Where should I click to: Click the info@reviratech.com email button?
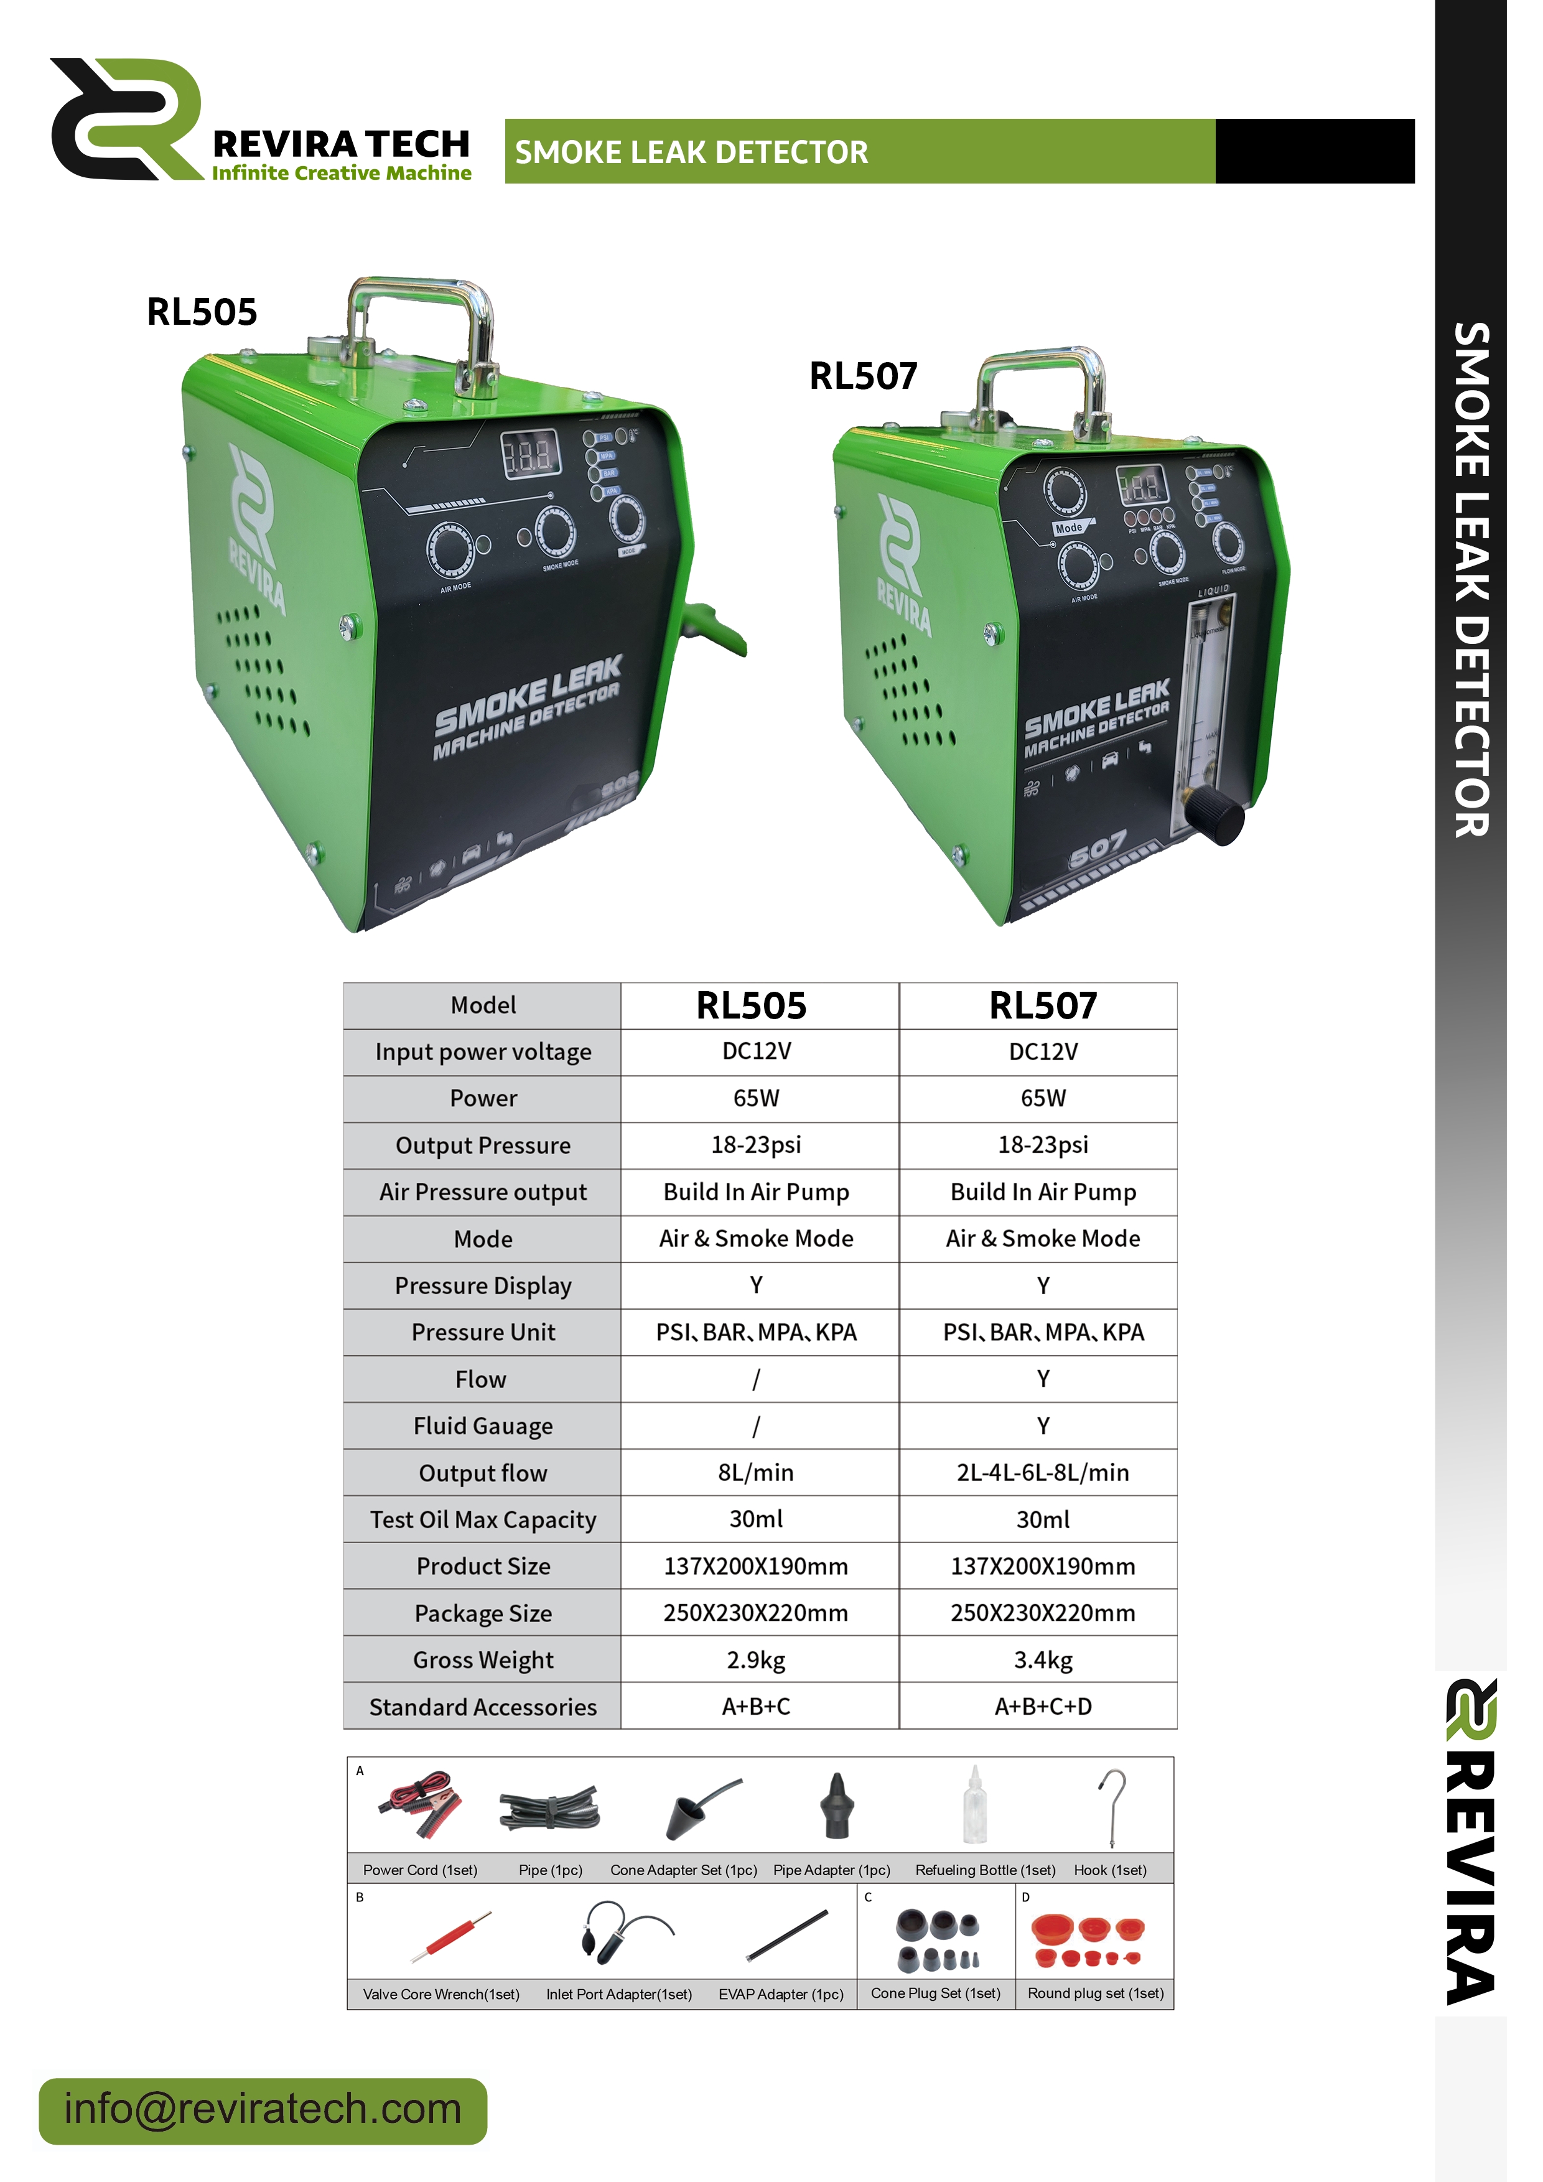coord(262,2110)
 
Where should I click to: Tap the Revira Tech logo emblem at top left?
coord(126,119)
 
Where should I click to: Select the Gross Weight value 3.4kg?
coord(1042,1659)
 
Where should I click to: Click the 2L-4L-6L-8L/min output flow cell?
coord(1042,1472)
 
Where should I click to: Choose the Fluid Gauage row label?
coord(483,1425)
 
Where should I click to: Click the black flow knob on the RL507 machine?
coord(1219,816)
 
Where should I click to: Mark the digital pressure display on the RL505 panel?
coord(530,454)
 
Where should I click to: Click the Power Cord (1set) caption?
coord(420,1869)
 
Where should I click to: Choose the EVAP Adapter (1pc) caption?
coord(781,1994)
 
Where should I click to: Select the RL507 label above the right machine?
coord(863,376)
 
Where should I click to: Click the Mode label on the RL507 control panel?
coord(1069,528)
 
